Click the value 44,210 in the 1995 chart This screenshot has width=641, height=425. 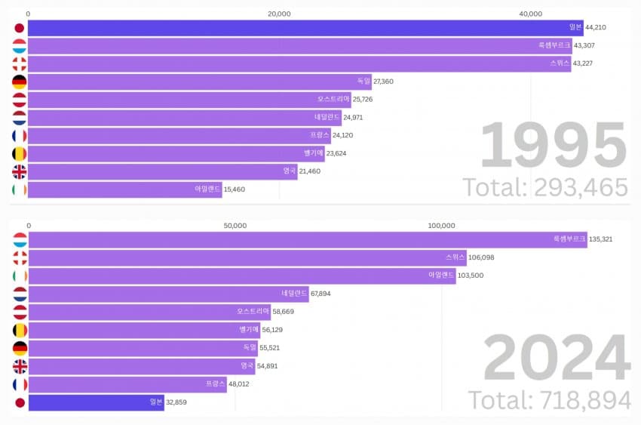[596, 28]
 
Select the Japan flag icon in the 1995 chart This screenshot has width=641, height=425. [20, 28]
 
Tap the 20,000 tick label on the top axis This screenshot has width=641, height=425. [280, 14]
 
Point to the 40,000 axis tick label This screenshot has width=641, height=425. [531, 14]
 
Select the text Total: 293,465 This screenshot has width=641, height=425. [544, 186]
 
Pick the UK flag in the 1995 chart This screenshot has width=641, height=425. [20, 171]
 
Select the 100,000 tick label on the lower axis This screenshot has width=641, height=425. [441, 226]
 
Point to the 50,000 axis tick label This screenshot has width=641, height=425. [235, 226]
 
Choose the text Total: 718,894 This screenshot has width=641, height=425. [549, 400]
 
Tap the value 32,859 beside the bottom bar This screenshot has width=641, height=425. [178, 402]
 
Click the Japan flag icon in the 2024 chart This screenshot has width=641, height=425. [20, 402]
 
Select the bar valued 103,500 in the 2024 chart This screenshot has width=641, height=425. [241, 276]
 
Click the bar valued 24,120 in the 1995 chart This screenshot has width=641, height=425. [179, 136]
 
